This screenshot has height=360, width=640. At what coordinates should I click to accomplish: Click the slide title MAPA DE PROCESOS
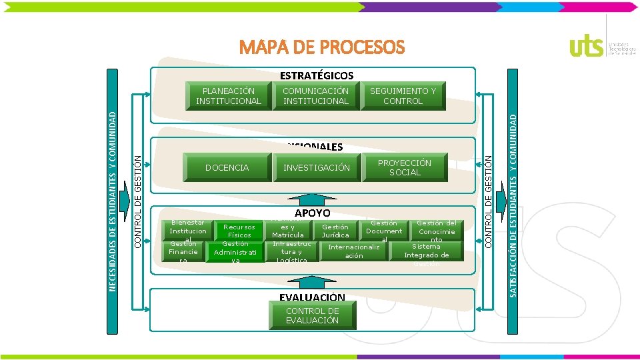322,47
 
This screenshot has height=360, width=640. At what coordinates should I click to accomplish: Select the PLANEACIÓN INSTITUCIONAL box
229,96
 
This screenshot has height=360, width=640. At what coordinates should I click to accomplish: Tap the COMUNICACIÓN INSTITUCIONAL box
315,96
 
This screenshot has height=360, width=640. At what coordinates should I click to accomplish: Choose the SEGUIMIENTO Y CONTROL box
403,96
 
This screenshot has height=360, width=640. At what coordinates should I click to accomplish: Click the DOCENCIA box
227,168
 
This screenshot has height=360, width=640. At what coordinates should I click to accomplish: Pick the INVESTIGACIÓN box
316,168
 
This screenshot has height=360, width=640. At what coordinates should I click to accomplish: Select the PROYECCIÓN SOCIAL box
405,167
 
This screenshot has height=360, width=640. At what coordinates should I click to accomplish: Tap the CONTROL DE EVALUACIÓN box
312,316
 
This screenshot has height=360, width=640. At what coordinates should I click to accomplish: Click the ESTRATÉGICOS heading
316,75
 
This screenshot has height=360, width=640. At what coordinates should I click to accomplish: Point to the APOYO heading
312,213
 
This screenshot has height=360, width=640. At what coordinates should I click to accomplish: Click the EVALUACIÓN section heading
312,297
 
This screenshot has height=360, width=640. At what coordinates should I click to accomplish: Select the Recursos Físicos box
239,231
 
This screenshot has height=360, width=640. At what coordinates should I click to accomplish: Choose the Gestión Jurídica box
335,231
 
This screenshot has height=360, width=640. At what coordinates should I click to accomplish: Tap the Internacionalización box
354,251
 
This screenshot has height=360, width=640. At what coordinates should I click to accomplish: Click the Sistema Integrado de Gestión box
427,255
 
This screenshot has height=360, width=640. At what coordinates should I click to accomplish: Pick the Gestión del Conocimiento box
437,231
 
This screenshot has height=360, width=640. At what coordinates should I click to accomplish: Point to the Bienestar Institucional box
188,231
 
